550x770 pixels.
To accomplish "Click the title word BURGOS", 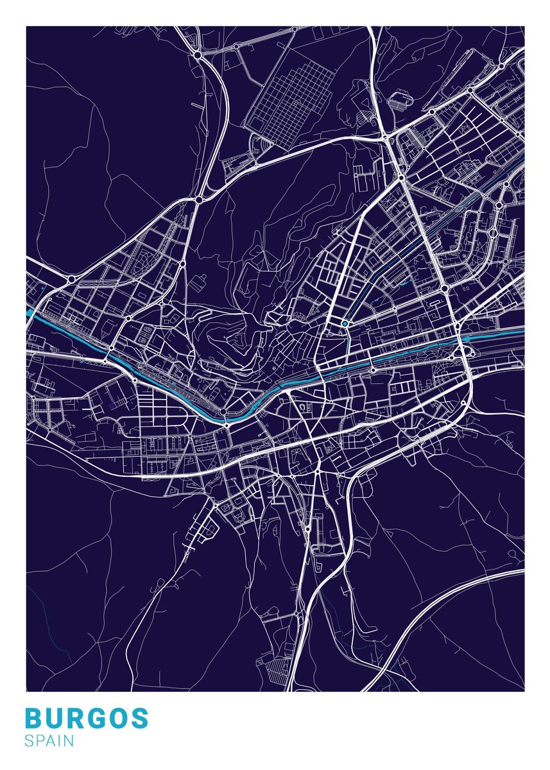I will tap(87, 719).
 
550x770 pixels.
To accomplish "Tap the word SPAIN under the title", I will tap(49, 741).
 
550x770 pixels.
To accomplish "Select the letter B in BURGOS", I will tap(35, 719).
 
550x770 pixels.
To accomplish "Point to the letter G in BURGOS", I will tap(97, 719).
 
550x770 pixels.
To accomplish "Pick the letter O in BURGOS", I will tap(119, 719).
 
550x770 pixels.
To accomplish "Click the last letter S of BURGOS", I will tap(139, 719).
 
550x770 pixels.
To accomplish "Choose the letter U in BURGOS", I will tap(55, 719).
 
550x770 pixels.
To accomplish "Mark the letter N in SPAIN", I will tap(69, 741).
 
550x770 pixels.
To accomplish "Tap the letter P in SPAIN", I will tap(40, 741).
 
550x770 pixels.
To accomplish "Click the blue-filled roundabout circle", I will tap(345, 323).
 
